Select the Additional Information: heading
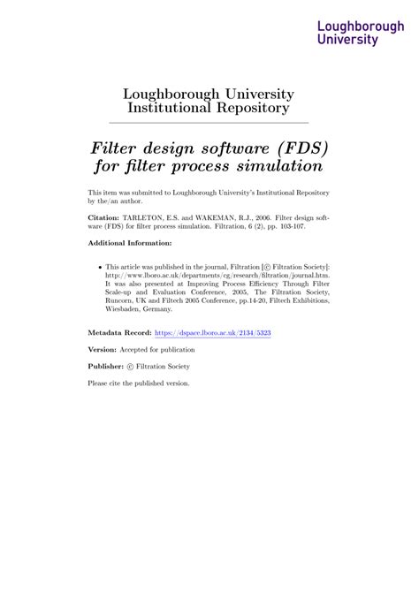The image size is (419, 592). click(x=129, y=243)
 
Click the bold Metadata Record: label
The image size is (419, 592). click(x=119, y=333)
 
